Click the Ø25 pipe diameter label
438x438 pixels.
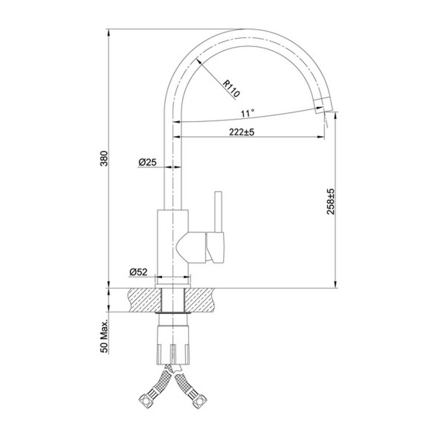(x=146, y=162)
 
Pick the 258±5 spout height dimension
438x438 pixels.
(x=331, y=202)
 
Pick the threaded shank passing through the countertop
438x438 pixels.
(x=173, y=300)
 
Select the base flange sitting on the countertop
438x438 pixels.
(x=173, y=283)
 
